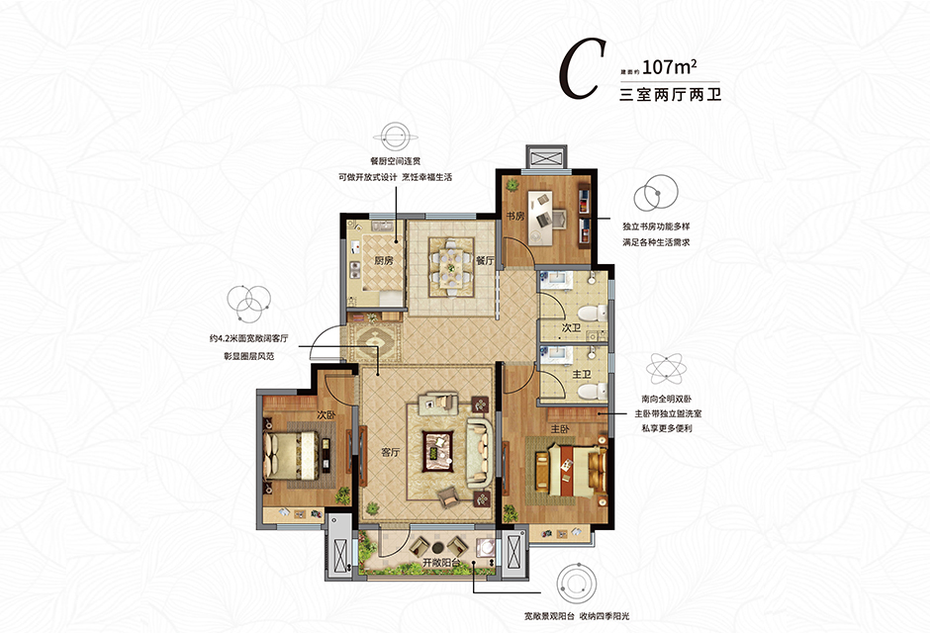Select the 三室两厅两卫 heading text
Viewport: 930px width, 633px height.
670,94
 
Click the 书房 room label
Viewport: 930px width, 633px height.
515,217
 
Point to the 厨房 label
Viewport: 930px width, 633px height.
384,259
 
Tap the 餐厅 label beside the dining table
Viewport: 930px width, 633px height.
485,260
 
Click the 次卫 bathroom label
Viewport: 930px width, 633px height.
571,327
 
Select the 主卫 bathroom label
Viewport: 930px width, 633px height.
582,374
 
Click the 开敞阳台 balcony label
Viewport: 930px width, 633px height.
441,563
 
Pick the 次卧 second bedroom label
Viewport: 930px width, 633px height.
326,414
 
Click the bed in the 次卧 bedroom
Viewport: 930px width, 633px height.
292,455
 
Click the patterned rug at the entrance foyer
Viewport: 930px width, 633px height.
374,342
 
